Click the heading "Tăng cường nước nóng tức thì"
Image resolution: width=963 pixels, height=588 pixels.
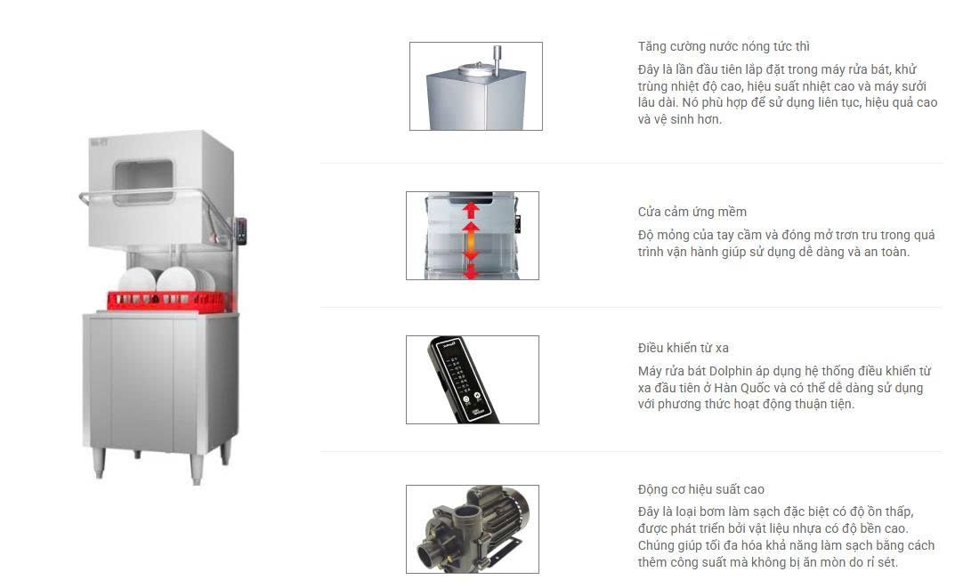click(x=724, y=46)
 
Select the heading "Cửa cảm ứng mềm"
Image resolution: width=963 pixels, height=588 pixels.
click(x=692, y=212)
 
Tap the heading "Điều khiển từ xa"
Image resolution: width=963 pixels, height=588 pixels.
click(x=683, y=348)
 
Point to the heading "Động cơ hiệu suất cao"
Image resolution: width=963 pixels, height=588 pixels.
click(x=700, y=489)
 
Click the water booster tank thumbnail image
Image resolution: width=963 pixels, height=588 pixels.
click(x=476, y=86)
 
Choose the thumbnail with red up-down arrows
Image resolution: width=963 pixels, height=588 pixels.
click(x=473, y=236)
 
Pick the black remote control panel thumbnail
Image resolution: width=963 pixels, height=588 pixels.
click(x=473, y=380)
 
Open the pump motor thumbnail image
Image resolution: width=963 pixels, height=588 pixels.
click(x=473, y=529)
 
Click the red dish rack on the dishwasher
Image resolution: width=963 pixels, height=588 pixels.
click(x=170, y=300)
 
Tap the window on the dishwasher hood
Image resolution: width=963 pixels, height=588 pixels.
click(x=144, y=181)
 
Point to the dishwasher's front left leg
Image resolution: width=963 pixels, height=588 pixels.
click(x=98, y=463)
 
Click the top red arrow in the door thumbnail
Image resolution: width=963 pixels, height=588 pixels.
click(x=471, y=211)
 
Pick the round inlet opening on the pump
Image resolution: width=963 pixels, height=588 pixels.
click(x=427, y=555)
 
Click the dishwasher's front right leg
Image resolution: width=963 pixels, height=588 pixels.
click(x=197, y=469)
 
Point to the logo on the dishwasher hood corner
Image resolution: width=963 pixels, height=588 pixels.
click(x=98, y=142)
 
